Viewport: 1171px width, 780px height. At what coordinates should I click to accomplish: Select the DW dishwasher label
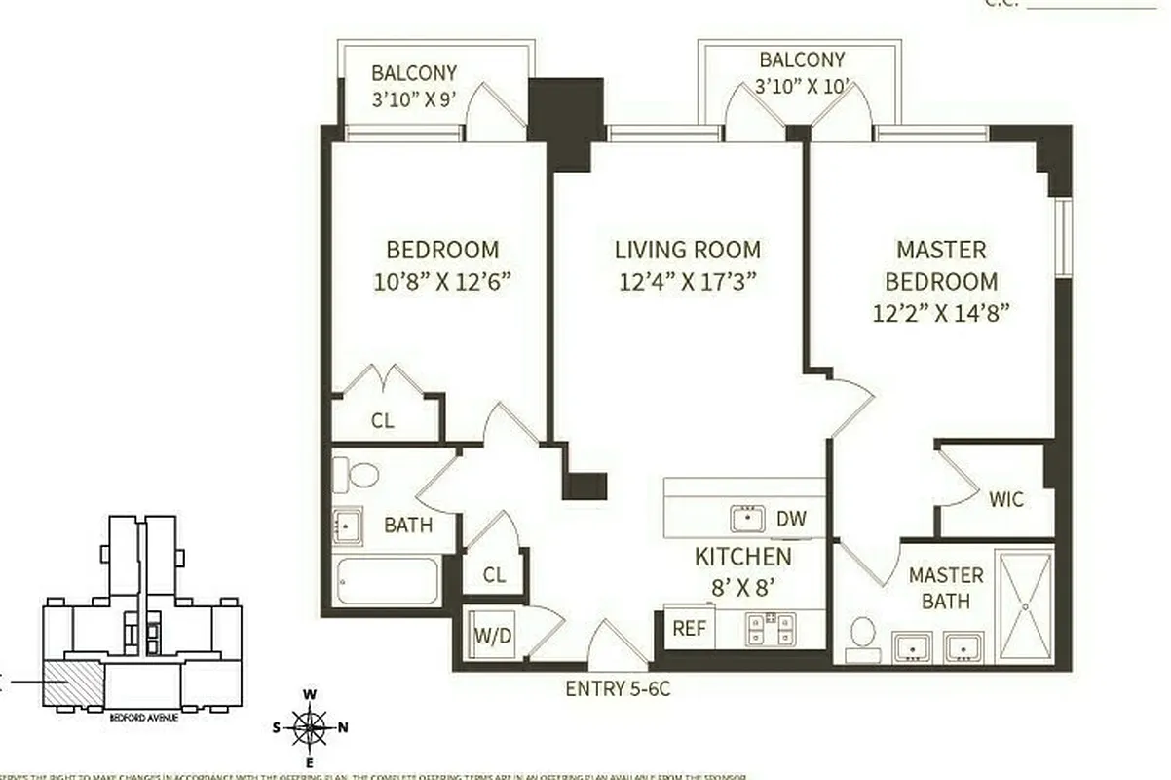coord(792,519)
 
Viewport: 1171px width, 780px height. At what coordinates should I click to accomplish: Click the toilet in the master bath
coord(861,635)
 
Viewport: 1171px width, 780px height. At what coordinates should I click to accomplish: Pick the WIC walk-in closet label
coord(1006,500)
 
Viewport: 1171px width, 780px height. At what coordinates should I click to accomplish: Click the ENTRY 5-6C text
coord(619,689)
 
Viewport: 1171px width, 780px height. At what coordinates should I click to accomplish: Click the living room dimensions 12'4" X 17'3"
coord(688,282)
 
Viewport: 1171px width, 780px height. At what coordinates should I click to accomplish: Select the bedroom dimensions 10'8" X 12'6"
coord(442,282)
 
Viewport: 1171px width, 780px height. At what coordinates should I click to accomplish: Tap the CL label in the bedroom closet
coord(384,421)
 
